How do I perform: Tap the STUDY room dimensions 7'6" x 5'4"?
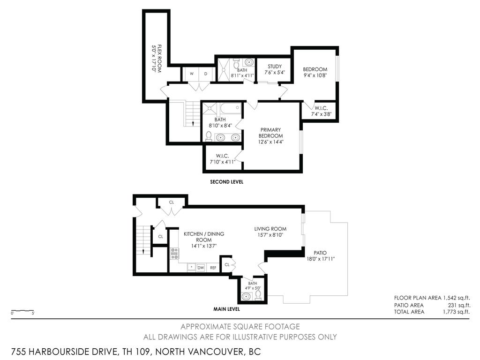274,73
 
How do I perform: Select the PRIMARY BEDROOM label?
271,133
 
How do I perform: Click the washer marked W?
191,74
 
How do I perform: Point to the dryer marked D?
206,74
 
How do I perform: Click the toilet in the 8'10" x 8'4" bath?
209,136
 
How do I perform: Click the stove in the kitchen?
174,254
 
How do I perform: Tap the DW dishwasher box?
201,267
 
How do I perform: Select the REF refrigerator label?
213,268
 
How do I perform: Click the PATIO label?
321,253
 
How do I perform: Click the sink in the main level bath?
246,296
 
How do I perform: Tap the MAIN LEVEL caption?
227,309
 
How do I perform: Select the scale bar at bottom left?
22,311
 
